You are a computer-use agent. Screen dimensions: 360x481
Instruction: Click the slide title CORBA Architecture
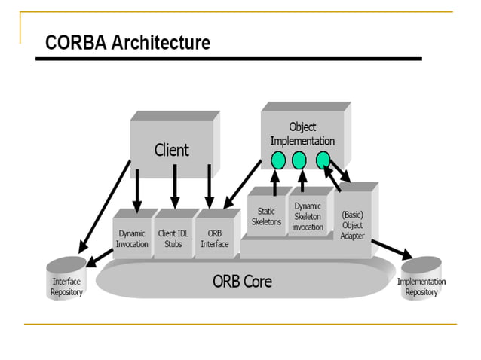[127, 43]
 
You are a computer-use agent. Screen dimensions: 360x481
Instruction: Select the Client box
[171, 150]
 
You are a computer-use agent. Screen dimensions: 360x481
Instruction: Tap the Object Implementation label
[302, 134]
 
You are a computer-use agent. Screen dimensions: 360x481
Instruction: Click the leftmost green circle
[277, 160]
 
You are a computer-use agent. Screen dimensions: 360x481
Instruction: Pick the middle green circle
[299, 160]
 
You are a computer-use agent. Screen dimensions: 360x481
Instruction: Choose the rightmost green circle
[322, 160]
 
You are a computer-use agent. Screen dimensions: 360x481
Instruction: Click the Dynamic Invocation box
[132, 239]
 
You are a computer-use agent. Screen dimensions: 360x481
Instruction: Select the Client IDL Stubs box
[174, 239]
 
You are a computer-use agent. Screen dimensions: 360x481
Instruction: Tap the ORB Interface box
[215, 239]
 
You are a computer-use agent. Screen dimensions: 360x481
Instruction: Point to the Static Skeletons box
[266, 217]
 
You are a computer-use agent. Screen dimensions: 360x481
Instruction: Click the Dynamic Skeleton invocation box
[308, 217]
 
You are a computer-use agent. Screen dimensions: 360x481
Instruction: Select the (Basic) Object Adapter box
[353, 224]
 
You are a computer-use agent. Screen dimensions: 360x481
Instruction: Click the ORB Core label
[241, 282]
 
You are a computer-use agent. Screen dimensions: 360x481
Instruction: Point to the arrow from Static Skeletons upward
[274, 182]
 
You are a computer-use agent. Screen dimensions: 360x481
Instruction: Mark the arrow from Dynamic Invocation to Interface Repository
[100, 258]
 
